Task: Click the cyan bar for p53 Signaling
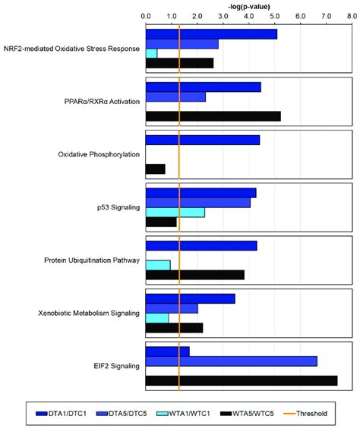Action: [x=175, y=212]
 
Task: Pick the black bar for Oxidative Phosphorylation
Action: [x=155, y=169]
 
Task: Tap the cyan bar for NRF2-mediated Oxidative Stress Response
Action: [x=151, y=53]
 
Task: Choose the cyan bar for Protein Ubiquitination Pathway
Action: [x=157, y=265]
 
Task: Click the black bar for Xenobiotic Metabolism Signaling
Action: [x=174, y=327]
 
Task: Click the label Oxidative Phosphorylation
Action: [x=99, y=155]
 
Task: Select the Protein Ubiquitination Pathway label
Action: [x=93, y=260]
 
